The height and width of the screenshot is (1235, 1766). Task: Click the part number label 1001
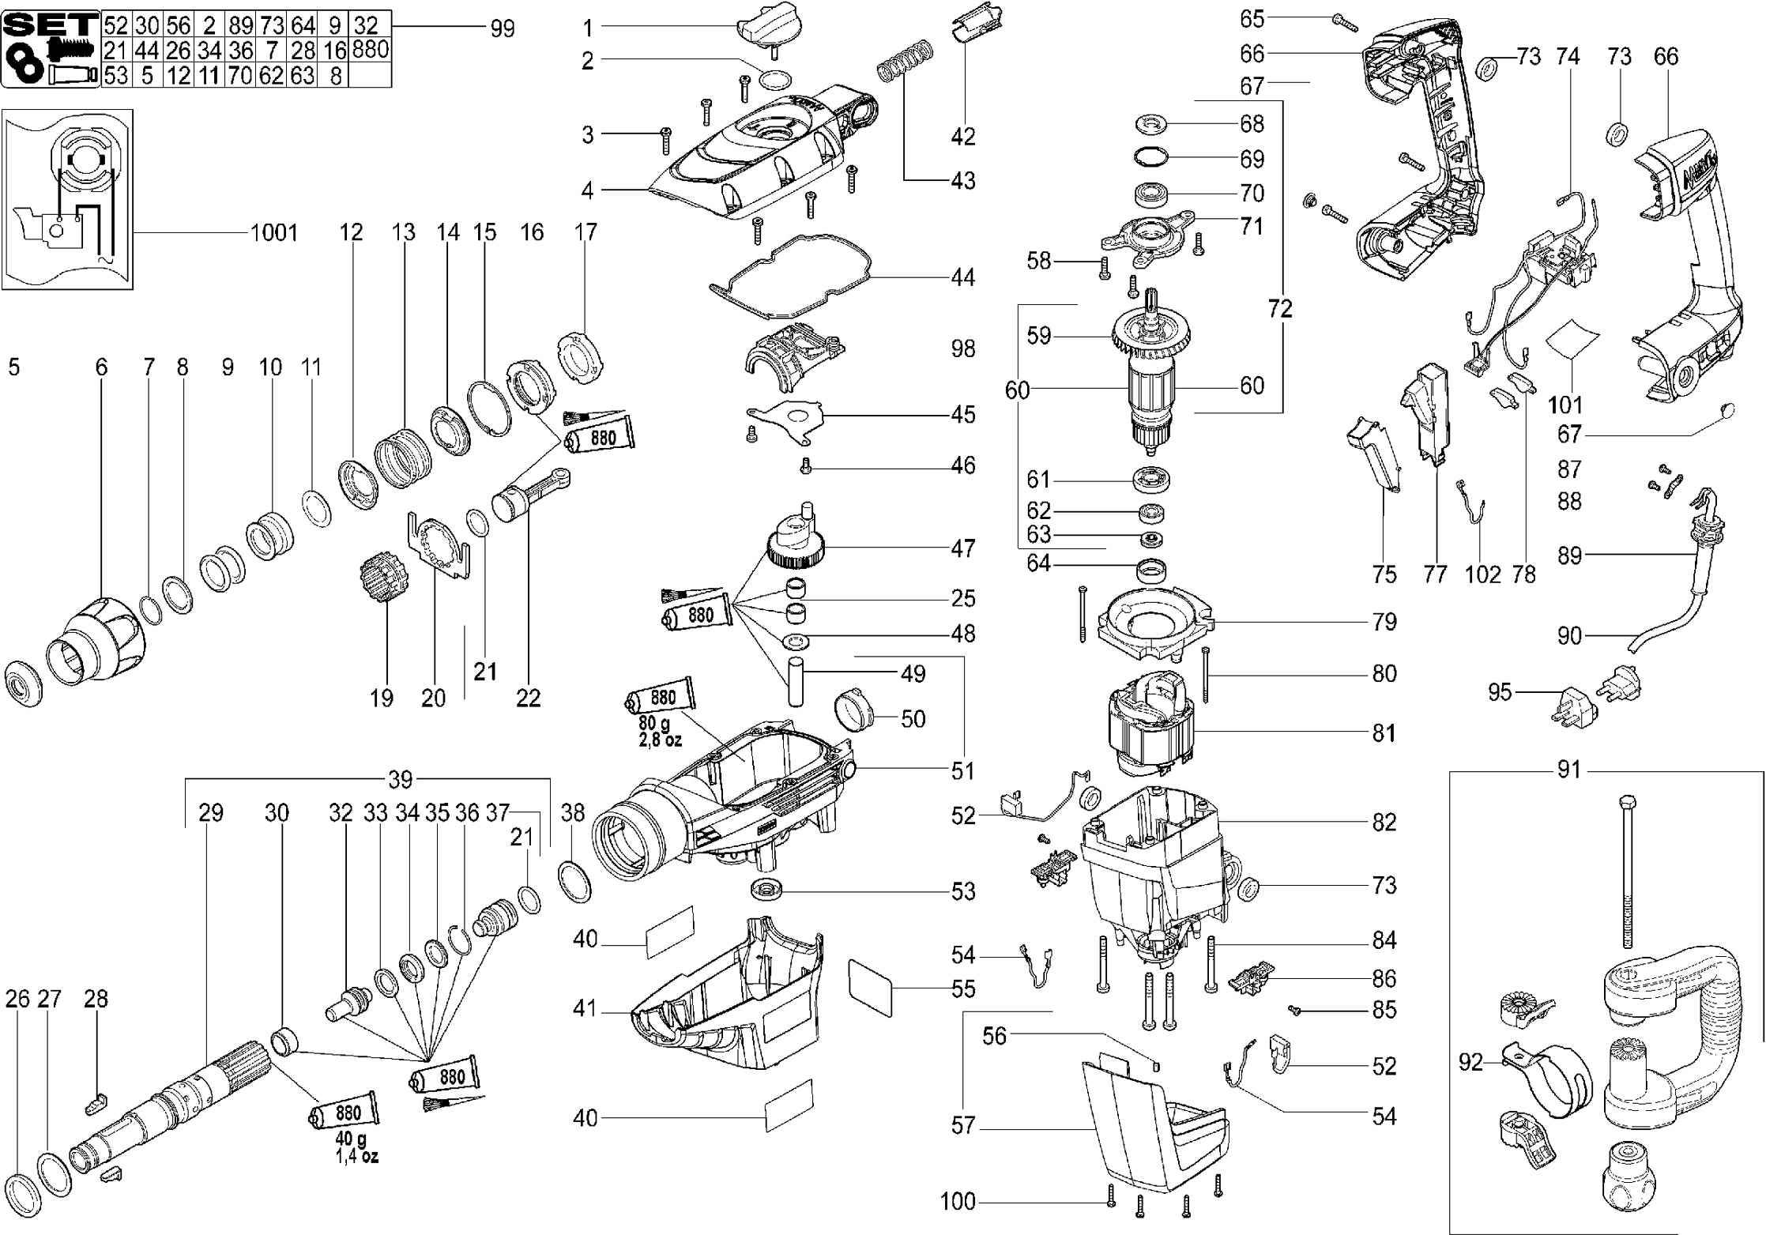(x=273, y=232)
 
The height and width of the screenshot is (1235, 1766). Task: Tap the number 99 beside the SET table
(x=502, y=29)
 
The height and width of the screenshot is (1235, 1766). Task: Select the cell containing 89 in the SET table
(x=240, y=25)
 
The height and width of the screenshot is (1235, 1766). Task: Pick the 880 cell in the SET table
(x=370, y=50)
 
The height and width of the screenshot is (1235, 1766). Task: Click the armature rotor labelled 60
(x=1153, y=387)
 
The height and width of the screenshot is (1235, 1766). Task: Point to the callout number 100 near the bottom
(x=957, y=1202)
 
